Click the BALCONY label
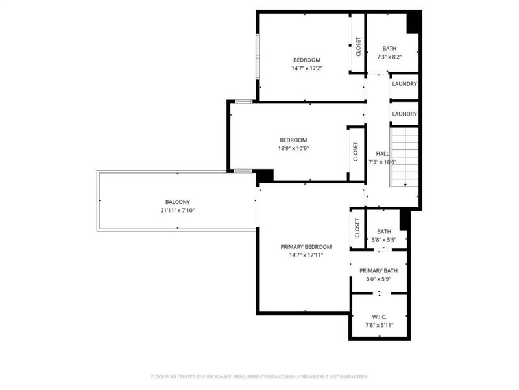coord(178,202)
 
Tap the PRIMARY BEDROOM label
coord(306,247)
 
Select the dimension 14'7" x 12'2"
coord(307,68)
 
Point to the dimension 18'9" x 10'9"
coord(293,149)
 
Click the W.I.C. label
coord(380,317)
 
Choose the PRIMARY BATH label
coord(379,271)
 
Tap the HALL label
coord(383,154)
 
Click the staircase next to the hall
coord(405,157)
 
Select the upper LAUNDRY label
coord(404,84)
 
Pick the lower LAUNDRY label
coord(404,114)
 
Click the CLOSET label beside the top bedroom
coord(359,46)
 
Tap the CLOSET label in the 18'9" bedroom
coord(356,151)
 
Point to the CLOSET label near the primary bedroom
coord(357,228)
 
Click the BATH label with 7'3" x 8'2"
coord(389,48)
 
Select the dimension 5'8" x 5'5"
coord(384,240)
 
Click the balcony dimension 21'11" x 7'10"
coord(178,210)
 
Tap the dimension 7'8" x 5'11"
coord(380,326)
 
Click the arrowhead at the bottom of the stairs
coord(405,185)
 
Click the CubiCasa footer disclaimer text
coord(259,377)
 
